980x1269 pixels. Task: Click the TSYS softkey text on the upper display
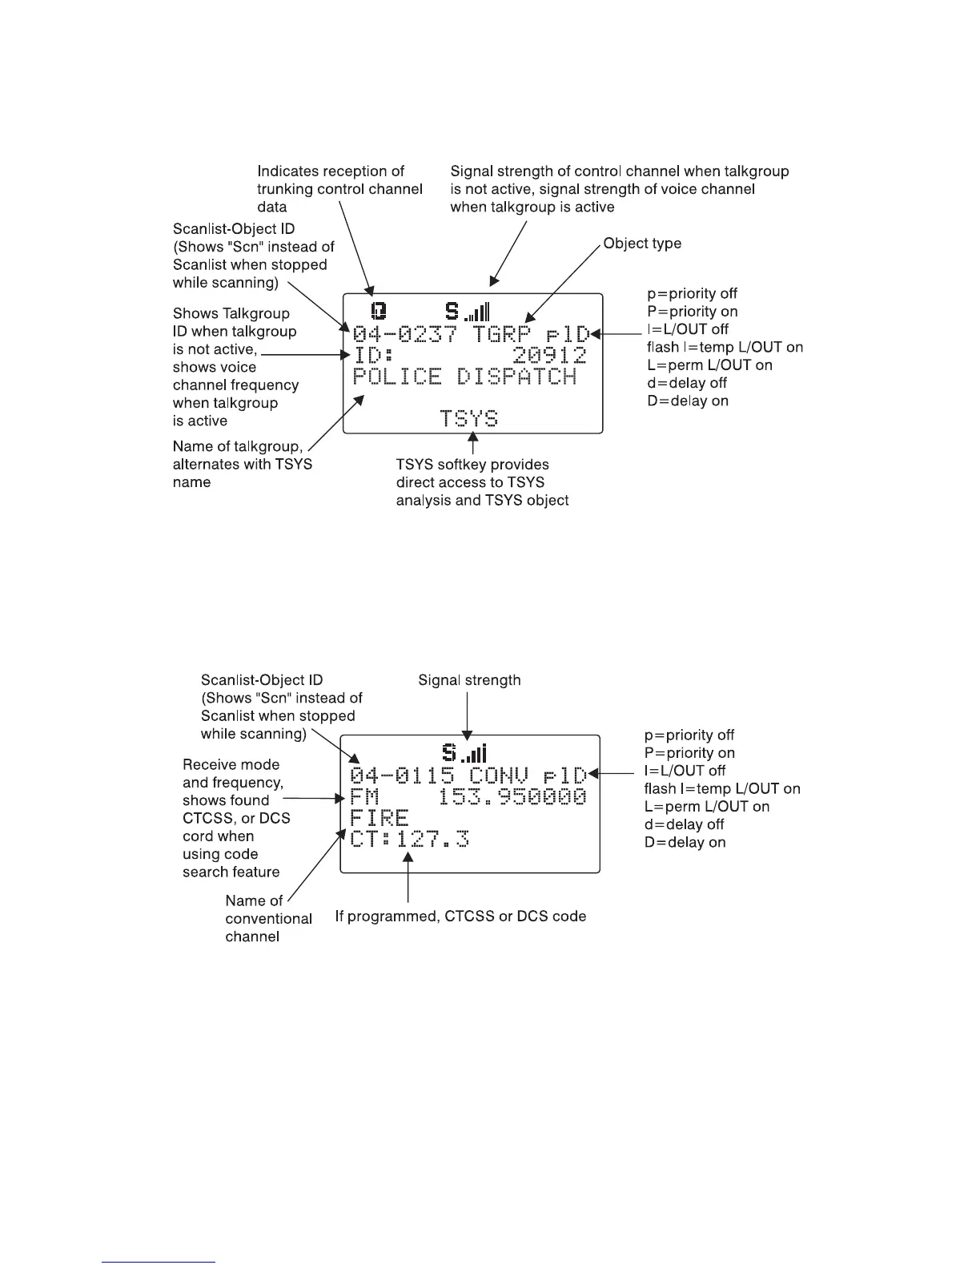pos(469,417)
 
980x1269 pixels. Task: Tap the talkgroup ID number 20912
pos(550,356)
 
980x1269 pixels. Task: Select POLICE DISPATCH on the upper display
pos(464,377)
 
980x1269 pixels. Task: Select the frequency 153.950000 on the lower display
pos(513,797)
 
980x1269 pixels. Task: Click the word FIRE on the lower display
pos(380,818)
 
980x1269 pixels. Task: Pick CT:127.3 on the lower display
pos(409,839)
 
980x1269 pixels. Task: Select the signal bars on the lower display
pos(476,753)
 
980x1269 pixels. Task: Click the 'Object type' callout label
pos(642,243)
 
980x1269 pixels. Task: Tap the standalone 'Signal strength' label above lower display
pos(469,680)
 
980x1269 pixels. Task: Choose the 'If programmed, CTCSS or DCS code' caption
pos(460,916)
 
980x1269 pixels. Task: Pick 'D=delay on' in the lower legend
pos(685,842)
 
